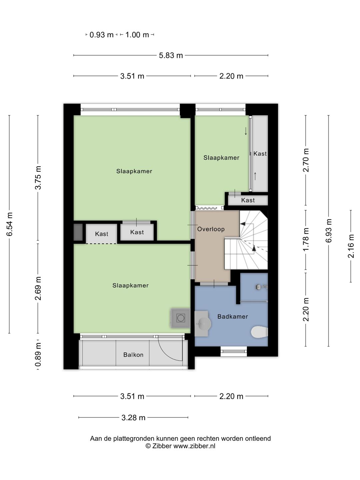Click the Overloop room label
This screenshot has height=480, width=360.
tap(211, 229)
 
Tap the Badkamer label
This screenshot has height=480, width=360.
tap(233, 316)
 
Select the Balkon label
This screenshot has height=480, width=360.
tap(133, 354)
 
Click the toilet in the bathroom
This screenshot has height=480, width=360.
tap(259, 332)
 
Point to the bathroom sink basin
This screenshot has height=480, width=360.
tap(203, 323)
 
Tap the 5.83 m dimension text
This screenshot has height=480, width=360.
tap(171, 56)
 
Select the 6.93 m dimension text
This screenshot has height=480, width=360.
tap(329, 231)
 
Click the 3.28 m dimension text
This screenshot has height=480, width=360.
tap(133, 418)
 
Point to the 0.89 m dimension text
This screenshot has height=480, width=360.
tap(38, 354)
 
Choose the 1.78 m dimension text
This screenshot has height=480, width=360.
tap(306, 239)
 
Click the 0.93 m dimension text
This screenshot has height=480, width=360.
tap(101, 35)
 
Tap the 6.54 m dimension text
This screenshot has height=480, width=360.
tap(9, 224)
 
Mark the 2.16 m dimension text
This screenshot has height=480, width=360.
tap(351, 246)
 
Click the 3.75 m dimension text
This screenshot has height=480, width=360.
tap(38, 178)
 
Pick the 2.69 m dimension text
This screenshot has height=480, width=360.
tap(38, 288)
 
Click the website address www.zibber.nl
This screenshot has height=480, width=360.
tap(194, 446)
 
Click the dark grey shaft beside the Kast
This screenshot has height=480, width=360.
tap(78, 232)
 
